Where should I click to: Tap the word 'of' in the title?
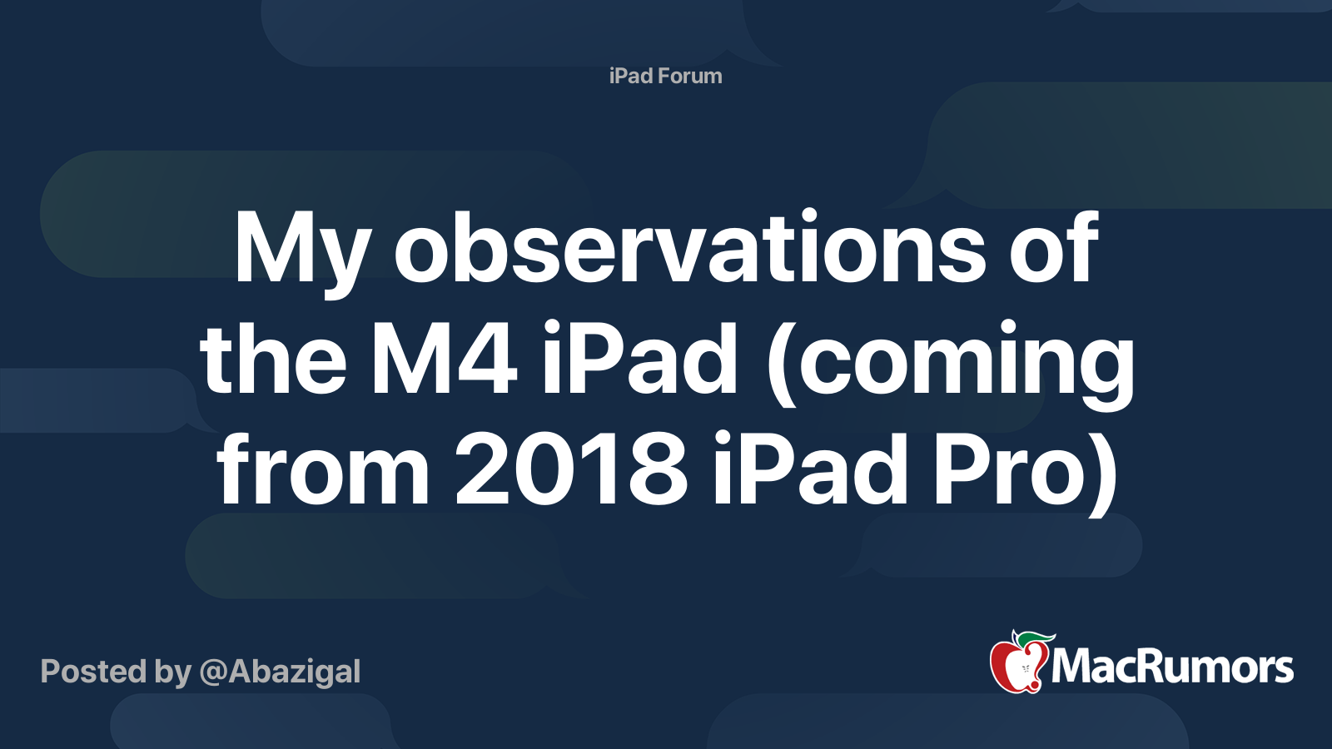point(1053,247)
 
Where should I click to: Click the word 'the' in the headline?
point(273,360)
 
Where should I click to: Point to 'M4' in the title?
point(444,360)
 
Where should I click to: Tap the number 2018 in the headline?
point(571,470)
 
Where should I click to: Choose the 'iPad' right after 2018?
point(810,470)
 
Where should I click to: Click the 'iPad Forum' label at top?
point(665,76)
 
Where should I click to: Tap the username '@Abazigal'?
point(280,672)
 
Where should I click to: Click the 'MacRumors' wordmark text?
point(1172,667)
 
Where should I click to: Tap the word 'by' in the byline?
point(172,672)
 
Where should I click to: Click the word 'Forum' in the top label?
point(689,76)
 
